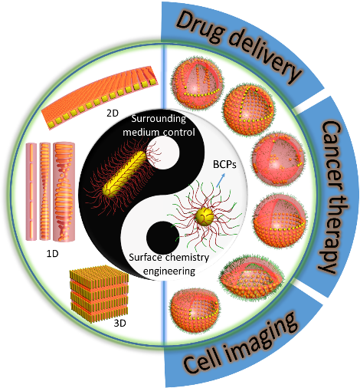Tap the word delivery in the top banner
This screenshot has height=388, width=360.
point(266,56)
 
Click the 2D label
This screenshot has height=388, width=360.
point(113,113)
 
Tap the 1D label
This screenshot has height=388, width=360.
point(53,254)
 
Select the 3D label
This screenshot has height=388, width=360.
point(119,324)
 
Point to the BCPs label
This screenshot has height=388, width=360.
point(224,165)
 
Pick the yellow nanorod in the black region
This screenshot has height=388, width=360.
point(124,174)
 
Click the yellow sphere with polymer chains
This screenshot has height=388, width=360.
point(205,217)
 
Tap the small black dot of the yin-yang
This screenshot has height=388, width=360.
point(163,238)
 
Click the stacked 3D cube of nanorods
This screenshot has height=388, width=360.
point(99,294)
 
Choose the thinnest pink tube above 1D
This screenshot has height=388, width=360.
point(31,192)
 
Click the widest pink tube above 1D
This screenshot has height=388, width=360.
point(64,192)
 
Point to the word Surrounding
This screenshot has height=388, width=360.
point(159,119)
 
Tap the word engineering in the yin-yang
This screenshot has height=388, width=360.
point(169,271)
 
